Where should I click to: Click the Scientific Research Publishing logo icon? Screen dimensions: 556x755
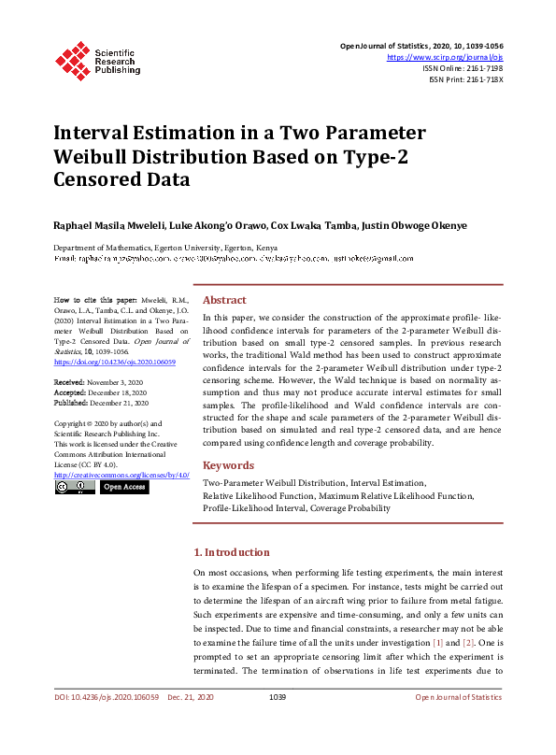tap(72, 59)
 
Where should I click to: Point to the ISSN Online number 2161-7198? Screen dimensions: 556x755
tap(480, 68)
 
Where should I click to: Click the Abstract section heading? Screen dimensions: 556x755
tap(224, 300)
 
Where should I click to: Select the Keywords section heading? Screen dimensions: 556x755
tap(228, 465)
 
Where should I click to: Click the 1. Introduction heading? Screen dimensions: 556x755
tap(232, 552)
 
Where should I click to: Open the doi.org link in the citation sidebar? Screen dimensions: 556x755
tap(101, 361)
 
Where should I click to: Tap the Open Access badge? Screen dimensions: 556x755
tap(124, 487)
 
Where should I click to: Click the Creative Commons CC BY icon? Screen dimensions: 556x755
tap(74, 487)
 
